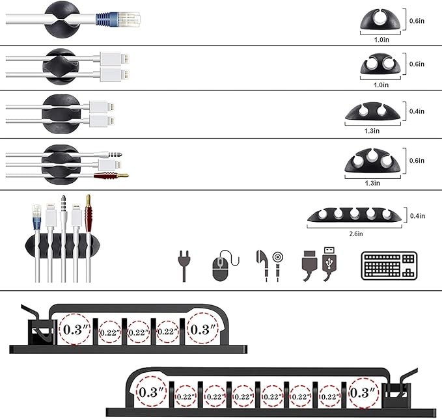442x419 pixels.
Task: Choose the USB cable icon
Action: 319,265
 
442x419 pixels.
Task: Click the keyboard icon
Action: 388,266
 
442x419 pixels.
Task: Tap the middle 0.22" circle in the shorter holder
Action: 138,332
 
